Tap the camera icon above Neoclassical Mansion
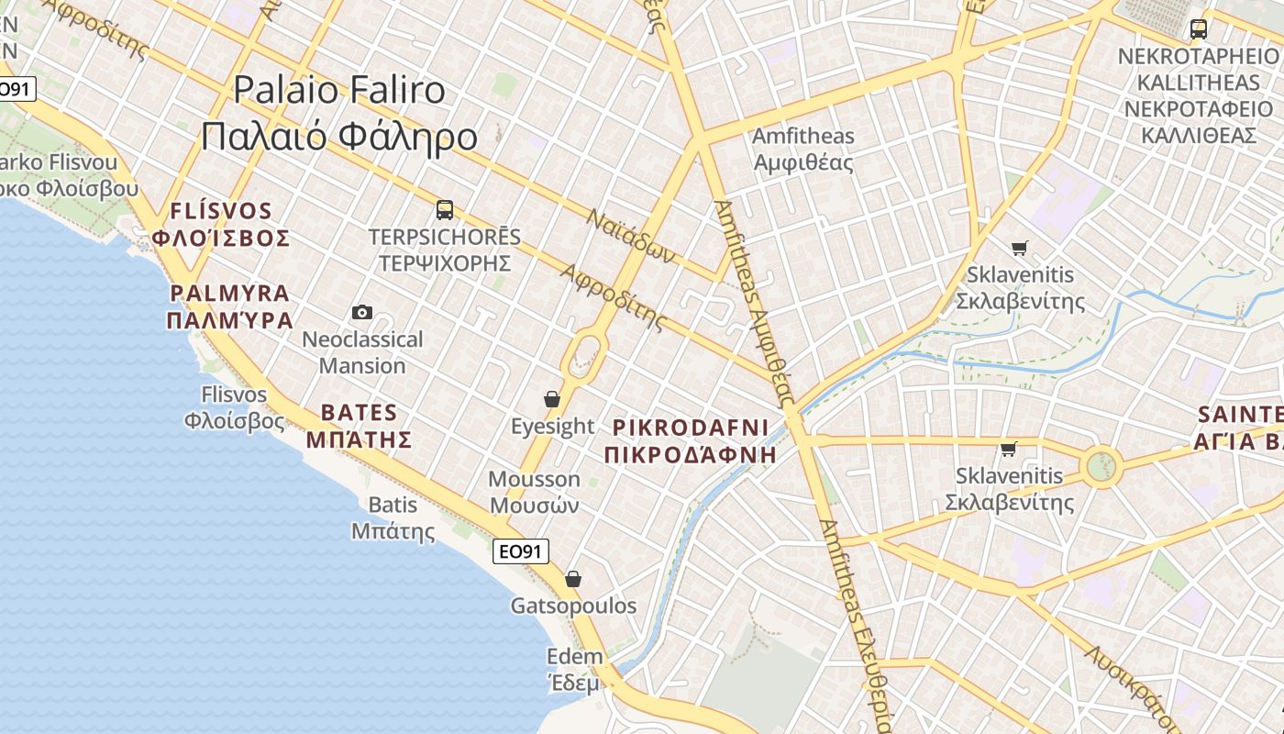click(362, 312)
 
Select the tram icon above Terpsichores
click(445, 210)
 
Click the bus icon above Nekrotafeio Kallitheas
click(1198, 28)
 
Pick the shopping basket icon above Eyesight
click(552, 399)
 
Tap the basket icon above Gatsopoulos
click(573, 579)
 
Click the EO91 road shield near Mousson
click(521, 551)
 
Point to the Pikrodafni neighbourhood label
click(690, 440)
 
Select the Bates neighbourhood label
click(359, 425)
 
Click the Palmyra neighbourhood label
click(229, 306)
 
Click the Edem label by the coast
click(574, 669)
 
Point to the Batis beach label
click(393, 517)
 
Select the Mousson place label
click(534, 492)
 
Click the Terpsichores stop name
click(444, 250)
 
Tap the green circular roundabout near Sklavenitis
click(1100, 467)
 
